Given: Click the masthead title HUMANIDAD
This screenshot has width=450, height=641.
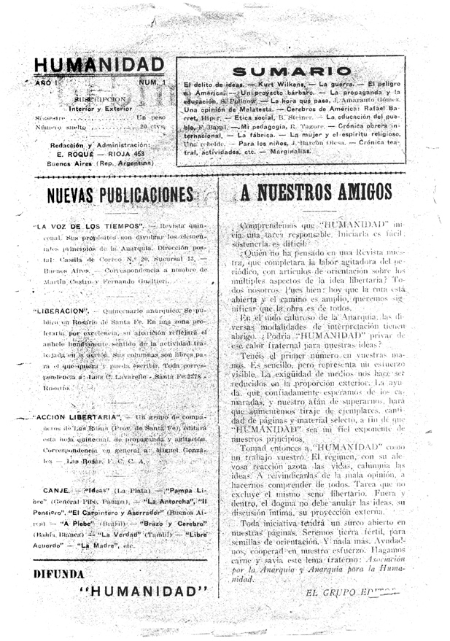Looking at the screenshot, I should [x=99, y=66].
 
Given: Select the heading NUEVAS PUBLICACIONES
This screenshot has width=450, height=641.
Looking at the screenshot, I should [x=120, y=194].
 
